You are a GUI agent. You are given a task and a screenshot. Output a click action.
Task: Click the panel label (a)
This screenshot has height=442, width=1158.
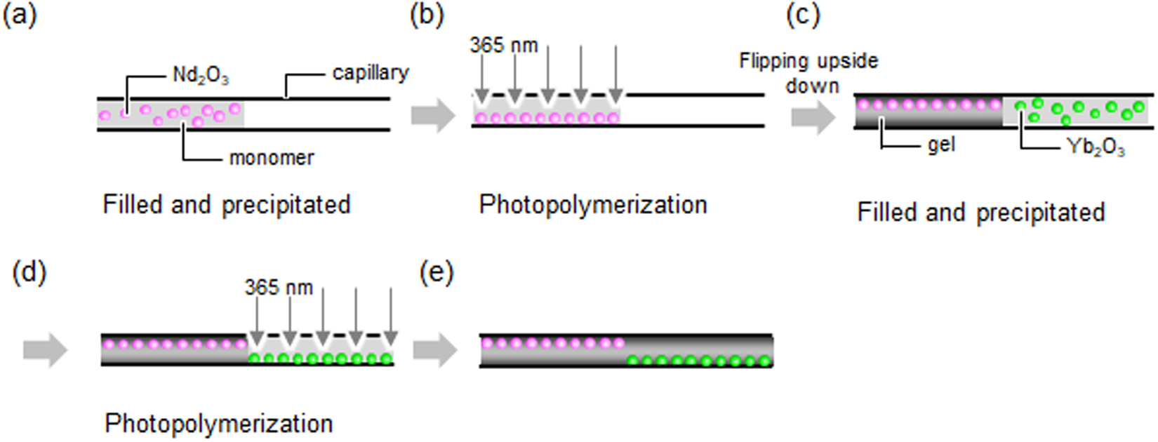tap(20, 15)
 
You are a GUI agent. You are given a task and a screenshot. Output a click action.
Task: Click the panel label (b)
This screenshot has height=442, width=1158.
tap(427, 15)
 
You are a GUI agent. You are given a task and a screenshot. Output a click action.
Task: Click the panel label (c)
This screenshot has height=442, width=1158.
tap(803, 15)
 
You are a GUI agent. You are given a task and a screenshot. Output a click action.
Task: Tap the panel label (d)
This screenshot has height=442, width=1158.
tap(29, 273)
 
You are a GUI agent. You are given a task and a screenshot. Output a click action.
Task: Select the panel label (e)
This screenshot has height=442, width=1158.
tap(437, 273)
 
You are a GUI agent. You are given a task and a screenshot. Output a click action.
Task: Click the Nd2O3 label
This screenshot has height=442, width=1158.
tap(201, 75)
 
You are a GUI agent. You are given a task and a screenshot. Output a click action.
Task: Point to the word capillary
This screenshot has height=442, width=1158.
tap(370, 72)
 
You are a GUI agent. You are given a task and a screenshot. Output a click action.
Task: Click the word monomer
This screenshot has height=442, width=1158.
tap(272, 157)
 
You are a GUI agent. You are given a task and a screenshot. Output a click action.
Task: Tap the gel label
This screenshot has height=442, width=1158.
tap(941, 145)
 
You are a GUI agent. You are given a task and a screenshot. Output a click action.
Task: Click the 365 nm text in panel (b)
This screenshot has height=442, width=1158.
tap(503, 46)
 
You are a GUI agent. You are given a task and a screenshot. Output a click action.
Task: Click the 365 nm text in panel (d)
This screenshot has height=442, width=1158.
tap(279, 287)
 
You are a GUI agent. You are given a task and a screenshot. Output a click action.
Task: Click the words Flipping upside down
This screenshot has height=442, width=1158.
tap(808, 73)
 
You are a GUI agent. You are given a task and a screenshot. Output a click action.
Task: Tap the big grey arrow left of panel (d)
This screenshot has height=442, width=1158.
tap(45, 350)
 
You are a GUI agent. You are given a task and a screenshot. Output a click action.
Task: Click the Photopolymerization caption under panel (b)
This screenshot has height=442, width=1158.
tap(593, 205)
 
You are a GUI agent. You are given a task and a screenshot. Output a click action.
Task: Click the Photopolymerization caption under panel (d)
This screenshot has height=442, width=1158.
tap(218, 424)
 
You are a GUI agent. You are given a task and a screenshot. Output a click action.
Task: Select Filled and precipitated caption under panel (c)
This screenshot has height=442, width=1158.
tap(980, 212)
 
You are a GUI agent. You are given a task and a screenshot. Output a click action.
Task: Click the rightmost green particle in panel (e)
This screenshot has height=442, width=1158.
tap(764, 361)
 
